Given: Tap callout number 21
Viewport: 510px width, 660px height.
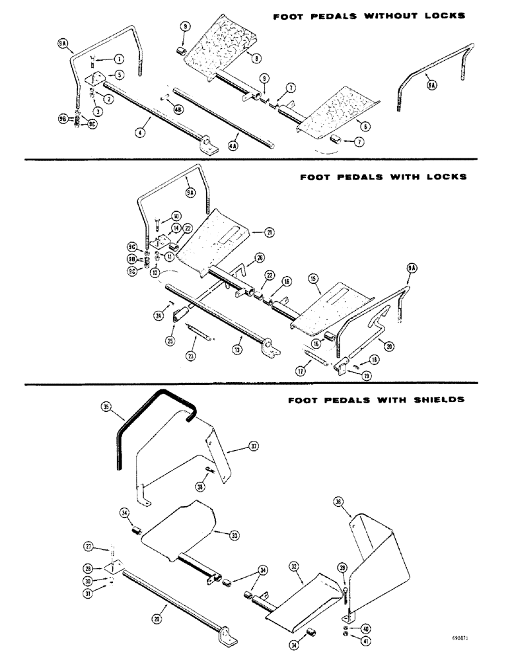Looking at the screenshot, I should [x=252, y=232].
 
